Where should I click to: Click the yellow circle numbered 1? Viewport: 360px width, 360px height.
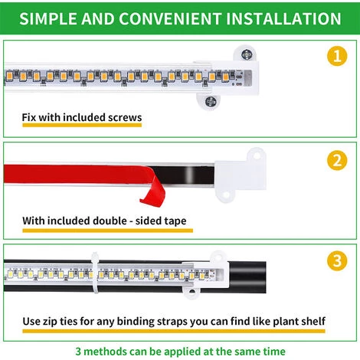tap(337, 56)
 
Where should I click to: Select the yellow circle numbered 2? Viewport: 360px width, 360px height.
tap(337, 160)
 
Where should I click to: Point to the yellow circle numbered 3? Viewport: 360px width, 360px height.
tap(337, 260)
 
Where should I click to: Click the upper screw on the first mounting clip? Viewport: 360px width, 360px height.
tap(247, 54)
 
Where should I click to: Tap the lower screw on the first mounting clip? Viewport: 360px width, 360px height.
tap(211, 101)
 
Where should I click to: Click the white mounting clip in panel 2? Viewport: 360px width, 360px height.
tap(240, 175)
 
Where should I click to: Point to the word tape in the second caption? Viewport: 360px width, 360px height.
tap(175, 221)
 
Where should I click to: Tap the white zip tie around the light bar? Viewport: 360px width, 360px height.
tap(95, 273)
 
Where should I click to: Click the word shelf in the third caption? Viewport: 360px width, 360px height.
tap(313, 321)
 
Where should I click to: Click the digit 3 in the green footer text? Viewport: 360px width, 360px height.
tap(78, 352)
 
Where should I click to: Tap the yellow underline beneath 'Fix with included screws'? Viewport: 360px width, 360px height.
tap(82, 125)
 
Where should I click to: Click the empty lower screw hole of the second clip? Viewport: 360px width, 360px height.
tap(226, 195)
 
